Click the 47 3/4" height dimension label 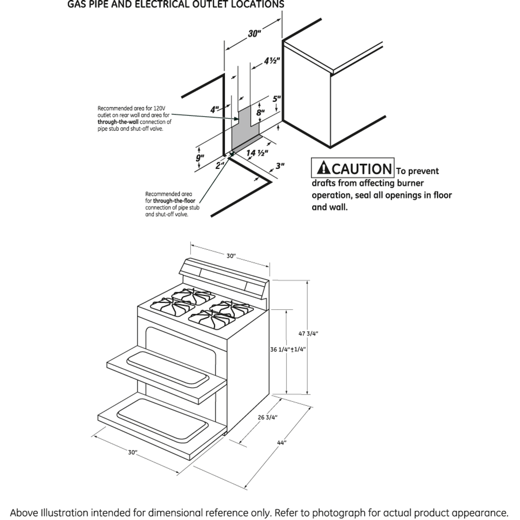pos(308,334)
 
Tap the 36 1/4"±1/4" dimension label pos(288,349)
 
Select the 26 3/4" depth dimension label pos(267,417)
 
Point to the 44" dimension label pos(282,442)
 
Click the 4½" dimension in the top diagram pos(272,61)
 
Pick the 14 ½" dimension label pos(258,153)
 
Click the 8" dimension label pos(260,113)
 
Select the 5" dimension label pos(277,99)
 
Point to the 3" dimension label pos(280,166)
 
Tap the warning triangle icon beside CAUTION pos(324,168)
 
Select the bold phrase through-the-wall pos(117,122)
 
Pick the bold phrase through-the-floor pos(174,201)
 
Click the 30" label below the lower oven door pos(133,452)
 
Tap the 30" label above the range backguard pos(231,256)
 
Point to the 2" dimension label pos(220,165)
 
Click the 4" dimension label pos(214,110)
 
